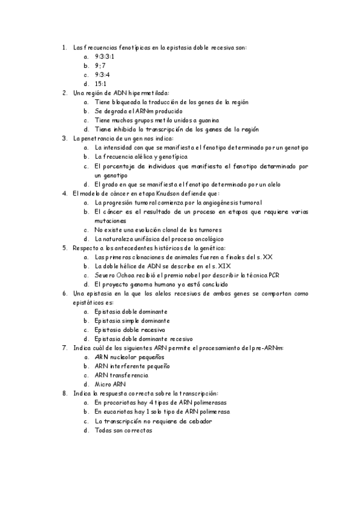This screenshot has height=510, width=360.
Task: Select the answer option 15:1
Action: click(x=100, y=84)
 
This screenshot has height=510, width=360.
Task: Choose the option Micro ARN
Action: click(x=110, y=384)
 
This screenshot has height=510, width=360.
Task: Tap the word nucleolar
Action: click(x=125, y=356)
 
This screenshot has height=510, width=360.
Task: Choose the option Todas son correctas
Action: click(x=124, y=431)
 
